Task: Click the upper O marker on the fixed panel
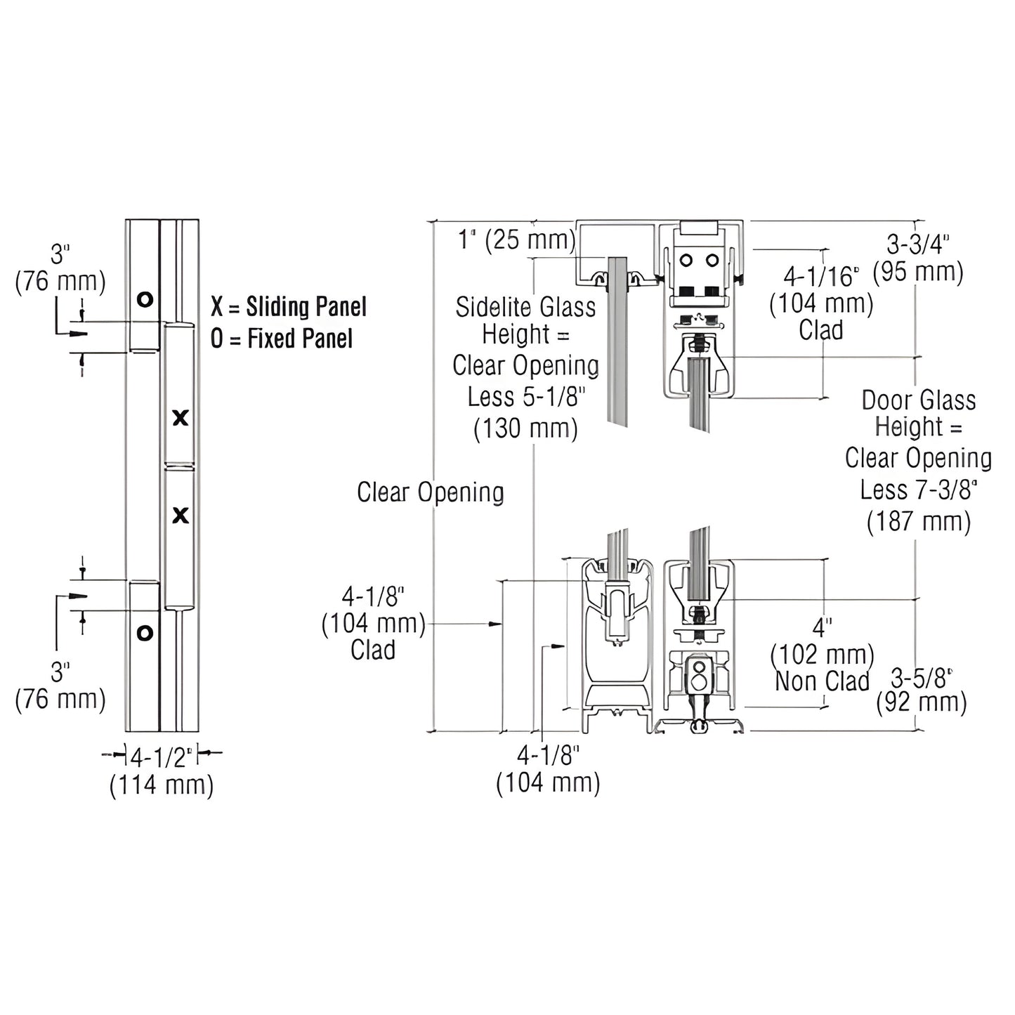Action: click(145, 300)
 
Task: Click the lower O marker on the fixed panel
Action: click(145, 633)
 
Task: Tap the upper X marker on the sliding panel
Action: click(181, 418)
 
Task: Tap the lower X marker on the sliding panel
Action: click(181, 516)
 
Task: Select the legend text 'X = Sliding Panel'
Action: click(289, 307)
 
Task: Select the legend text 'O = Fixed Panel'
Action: click(282, 339)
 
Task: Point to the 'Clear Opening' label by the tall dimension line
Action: click(430, 492)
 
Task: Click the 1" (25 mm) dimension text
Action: click(516, 240)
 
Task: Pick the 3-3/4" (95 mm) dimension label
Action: click(918, 258)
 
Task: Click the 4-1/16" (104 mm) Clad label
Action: click(821, 303)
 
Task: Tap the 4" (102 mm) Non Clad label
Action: click(822, 655)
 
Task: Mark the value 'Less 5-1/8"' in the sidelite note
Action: click(526, 397)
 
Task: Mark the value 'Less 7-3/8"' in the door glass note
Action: click(918, 490)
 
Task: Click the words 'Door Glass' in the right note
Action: click(918, 400)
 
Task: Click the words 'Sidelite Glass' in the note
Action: click(525, 308)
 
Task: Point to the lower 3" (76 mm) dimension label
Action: click(60, 686)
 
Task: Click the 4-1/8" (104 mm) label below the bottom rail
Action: click(548, 768)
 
